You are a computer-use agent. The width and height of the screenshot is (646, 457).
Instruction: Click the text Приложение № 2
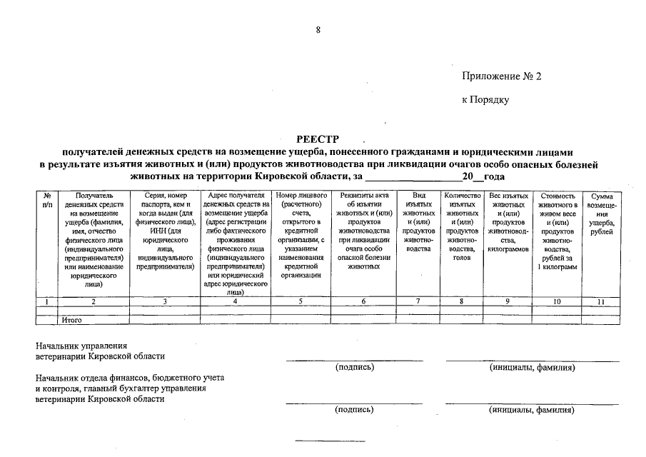point(502,77)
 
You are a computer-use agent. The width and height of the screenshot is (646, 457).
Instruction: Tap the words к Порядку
point(485,100)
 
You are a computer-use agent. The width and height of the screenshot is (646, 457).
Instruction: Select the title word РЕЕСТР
point(317,139)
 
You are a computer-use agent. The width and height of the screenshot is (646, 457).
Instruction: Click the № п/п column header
point(47,200)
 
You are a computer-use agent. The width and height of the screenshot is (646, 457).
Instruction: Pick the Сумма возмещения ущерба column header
point(601,214)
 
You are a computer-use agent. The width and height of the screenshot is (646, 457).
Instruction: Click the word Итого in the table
point(71,321)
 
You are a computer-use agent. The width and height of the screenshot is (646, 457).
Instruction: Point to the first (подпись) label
point(354,368)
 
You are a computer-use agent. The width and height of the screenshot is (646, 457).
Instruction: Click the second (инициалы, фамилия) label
point(532,410)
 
